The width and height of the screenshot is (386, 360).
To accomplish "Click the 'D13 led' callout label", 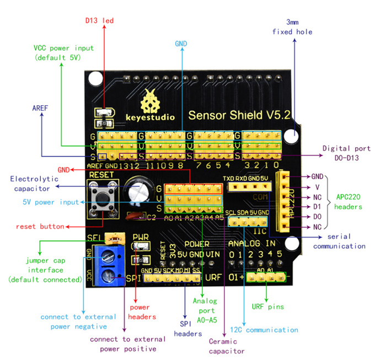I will (x=99, y=21).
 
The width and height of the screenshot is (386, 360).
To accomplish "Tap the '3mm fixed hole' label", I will (x=292, y=27).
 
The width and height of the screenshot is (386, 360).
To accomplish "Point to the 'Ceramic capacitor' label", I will (x=227, y=346).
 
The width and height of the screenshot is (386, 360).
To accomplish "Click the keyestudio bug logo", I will (x=151, y=101).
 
